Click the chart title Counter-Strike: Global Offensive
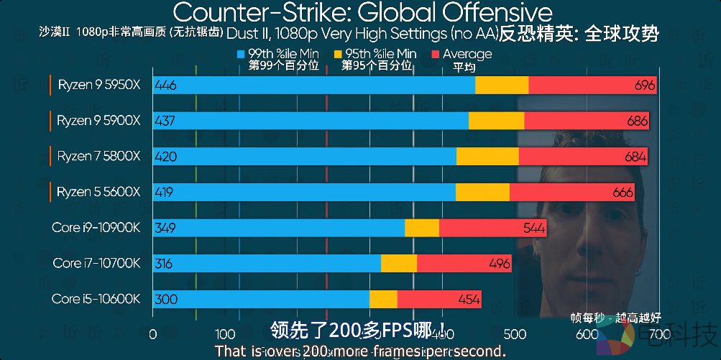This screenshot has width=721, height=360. coord(363,12)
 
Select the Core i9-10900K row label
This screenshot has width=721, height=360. coord(96,228)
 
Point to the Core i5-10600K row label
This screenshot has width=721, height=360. coord(96,299)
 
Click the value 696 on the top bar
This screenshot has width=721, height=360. coord(644,86)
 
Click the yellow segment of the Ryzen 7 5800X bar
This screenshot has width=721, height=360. coord(487,157)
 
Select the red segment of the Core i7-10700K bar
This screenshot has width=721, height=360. coord(464,264)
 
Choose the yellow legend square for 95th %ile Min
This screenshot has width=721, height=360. coord(338,54)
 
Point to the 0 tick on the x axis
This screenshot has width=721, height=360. coord(152,334)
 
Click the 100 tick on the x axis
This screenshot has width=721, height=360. coord(225,334)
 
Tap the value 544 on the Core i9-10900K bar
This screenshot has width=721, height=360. coord(534,228)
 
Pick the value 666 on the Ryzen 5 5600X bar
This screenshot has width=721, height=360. coord(623,193)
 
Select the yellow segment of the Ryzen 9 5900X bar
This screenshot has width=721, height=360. coord(496,121)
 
